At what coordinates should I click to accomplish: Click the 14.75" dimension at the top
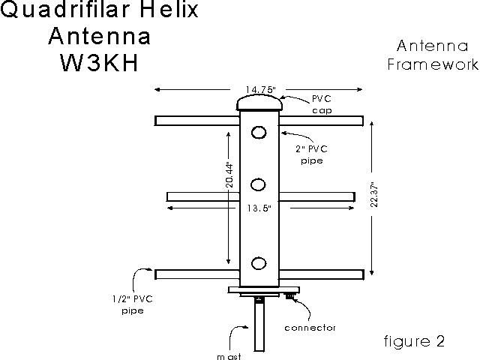point(259,91)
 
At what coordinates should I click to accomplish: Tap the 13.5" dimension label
point(259,208)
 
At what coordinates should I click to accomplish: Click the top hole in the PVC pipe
point(259,132)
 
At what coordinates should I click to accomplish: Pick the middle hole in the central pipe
point(259,184)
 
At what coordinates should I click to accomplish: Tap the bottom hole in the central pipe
point(259,263)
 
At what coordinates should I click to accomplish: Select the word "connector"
point(310,328)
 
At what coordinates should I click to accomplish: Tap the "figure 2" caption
point(414,342)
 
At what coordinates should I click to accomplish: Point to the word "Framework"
point(433,64)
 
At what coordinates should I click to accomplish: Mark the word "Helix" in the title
point(172,10)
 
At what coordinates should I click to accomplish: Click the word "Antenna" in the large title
point(98,35)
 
